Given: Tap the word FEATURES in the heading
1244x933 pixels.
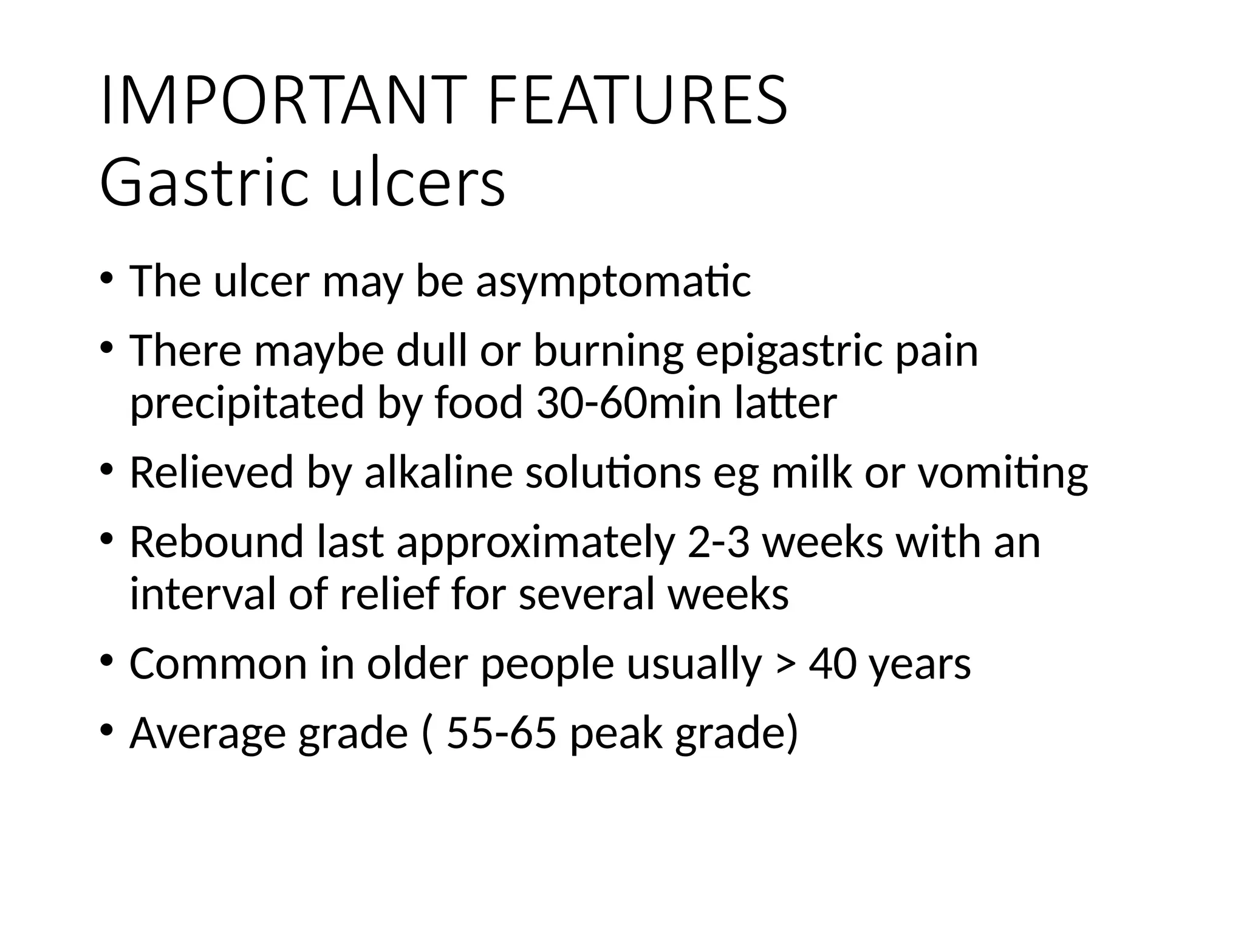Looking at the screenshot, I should [637, 100].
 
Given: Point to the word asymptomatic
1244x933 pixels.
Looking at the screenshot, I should [613, 282].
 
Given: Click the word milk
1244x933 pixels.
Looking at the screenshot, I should [812, 472].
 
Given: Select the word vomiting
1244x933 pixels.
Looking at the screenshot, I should [1002, 472].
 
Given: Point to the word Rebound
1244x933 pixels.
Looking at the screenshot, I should [216, 542].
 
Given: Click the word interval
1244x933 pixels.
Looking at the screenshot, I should [203, 593].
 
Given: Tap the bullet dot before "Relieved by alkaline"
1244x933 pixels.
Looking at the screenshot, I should [107, 469].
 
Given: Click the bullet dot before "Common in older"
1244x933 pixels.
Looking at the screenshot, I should [107, 660].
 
